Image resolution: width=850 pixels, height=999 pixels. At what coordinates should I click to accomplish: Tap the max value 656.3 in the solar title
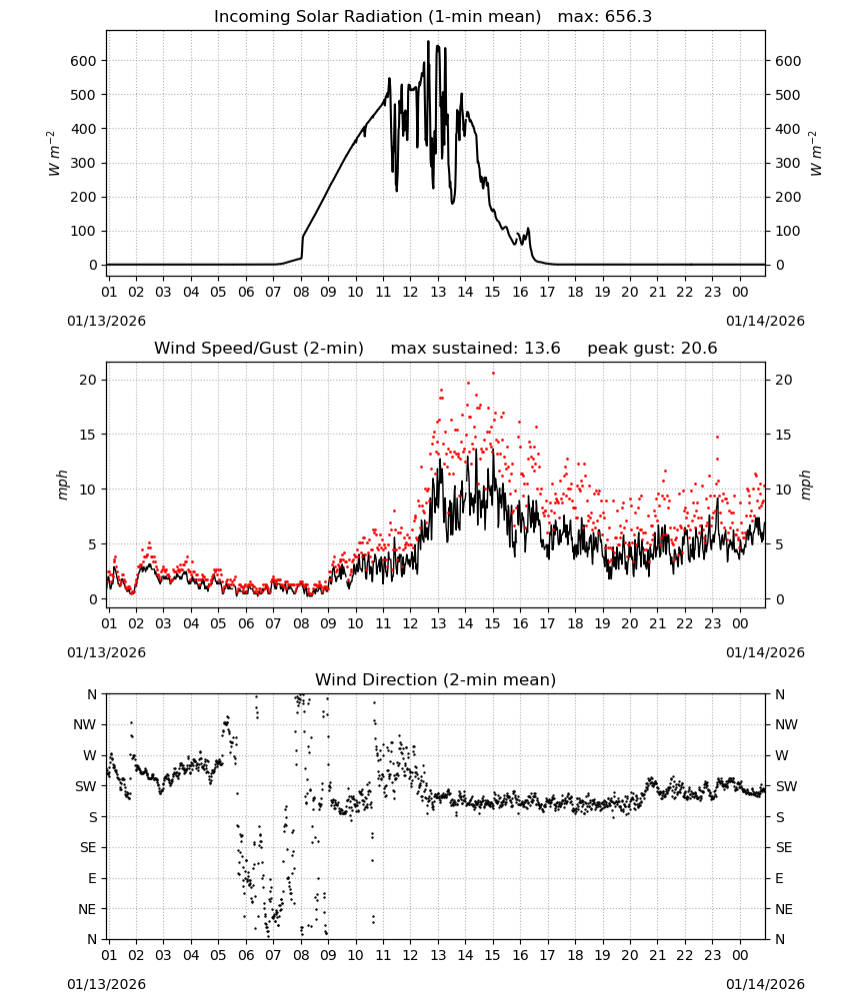(x=628, y=17)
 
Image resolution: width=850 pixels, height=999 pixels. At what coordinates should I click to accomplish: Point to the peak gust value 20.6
(x=694, y=349)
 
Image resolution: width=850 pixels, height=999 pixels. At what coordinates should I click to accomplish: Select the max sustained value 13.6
(x=538, y=349)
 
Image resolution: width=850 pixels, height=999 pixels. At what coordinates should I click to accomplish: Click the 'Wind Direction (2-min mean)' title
(x=436, y=679)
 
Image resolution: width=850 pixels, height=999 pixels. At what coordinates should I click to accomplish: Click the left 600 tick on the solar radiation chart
(x=84, y=61)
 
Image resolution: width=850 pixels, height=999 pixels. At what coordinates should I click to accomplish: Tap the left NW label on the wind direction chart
(x=85, y=725)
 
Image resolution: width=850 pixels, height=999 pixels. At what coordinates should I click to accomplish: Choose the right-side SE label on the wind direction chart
(x=784, y=847)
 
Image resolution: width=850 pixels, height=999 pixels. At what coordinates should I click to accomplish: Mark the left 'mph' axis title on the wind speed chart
(x=62, y=485)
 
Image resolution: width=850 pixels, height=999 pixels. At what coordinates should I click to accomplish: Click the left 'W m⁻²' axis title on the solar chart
(x=54, y=154)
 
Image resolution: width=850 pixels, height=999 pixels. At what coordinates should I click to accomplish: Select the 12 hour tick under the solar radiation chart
(x=410, y=292)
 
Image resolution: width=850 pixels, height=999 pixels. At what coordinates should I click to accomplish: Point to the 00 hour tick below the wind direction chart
(x=740, y=955)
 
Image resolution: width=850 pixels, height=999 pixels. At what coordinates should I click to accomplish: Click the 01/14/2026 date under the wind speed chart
(x=765, y=652)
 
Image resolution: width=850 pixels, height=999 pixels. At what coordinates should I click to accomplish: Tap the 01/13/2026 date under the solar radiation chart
(x=106, y=321)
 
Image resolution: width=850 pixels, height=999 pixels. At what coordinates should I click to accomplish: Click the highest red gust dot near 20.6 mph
(x=493, y=374)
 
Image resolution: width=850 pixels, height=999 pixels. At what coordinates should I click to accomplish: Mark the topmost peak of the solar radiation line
(x=429, y=41)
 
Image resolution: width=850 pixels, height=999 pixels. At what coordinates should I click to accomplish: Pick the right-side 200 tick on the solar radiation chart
(x=788, y=197)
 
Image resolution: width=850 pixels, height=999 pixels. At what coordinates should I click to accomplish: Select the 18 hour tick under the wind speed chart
(x=575, y=623)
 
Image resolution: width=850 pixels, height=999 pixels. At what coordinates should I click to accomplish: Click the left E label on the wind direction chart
(x=92, y=878)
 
